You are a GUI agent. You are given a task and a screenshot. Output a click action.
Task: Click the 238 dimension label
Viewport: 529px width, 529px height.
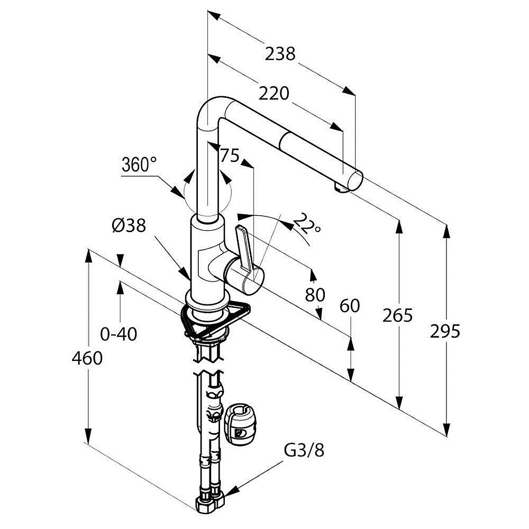point(280,53)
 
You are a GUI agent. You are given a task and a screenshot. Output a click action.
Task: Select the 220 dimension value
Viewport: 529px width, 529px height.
point(274,94)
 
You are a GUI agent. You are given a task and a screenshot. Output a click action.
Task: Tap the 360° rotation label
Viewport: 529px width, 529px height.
point(139,165)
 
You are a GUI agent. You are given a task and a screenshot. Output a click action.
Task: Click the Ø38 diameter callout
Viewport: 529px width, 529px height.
point(129,226)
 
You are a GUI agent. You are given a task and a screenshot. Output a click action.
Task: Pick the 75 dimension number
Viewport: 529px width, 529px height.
point(230,156)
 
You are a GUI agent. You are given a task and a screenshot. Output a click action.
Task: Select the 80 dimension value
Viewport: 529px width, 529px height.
point(315,294)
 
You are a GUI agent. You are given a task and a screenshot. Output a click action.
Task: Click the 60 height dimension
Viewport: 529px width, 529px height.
point(349,306)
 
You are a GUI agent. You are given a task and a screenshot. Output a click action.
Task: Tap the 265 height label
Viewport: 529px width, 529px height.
point(398,316)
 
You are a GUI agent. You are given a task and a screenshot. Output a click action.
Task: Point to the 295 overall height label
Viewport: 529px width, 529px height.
point(445,332)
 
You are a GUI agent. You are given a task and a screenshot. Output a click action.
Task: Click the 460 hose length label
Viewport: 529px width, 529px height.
point(87,358)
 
